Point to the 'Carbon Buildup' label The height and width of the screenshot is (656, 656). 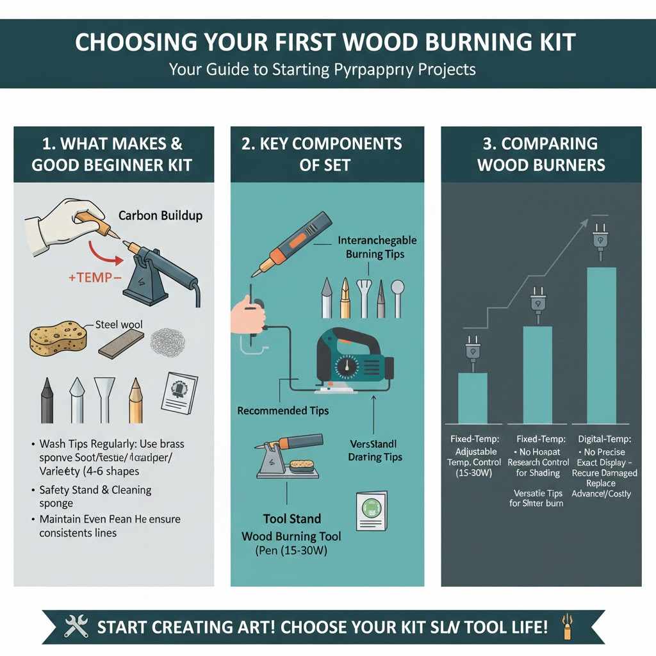tap(160, 215)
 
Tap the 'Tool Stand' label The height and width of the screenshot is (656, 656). tap(291, 519)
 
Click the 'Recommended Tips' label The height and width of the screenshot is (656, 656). tap(283, 410)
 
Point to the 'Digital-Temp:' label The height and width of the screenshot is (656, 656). tap(604, 439)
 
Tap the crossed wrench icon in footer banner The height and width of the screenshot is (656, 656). tap(76, 627)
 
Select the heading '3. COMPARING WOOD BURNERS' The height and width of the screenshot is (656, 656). tap(541, 154)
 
